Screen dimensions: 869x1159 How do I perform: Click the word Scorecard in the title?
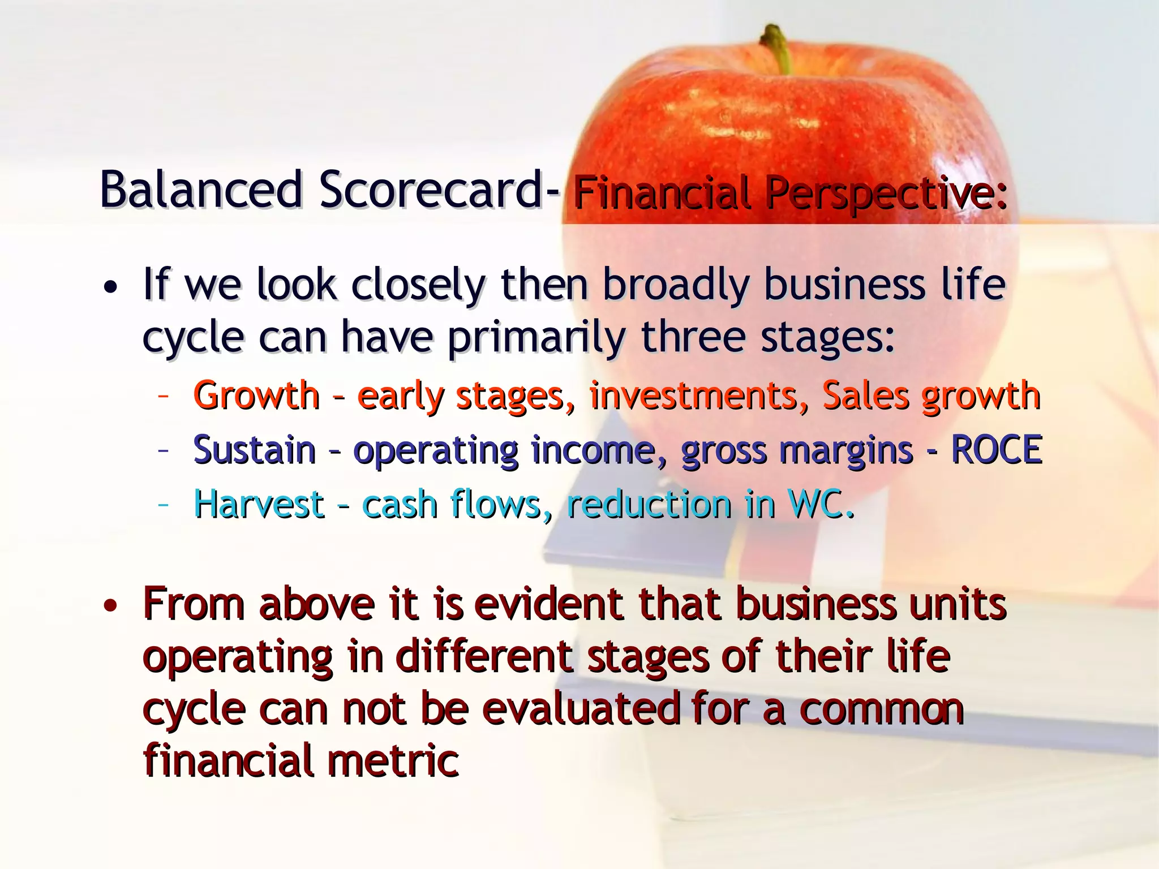click(x=431, y=190)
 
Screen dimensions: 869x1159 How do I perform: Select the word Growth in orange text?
click(x=256, y=396)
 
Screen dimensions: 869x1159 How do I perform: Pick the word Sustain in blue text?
click(x=254, y=450)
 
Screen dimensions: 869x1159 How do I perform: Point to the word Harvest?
click(x=259, y=505)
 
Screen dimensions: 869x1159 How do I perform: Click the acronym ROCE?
click(x=996, y=450)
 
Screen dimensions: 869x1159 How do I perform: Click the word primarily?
click(x=536, y=338)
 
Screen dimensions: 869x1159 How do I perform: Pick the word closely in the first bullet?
click(x=418, y=286)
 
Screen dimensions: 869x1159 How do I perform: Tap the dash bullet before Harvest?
click(x=164, y=503)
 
